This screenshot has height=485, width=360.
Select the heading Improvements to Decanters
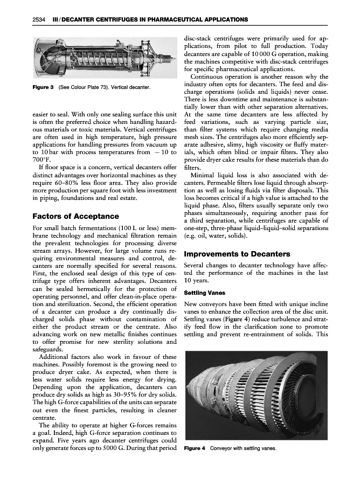[237, 254]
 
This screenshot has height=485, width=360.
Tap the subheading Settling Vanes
[203, 293]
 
